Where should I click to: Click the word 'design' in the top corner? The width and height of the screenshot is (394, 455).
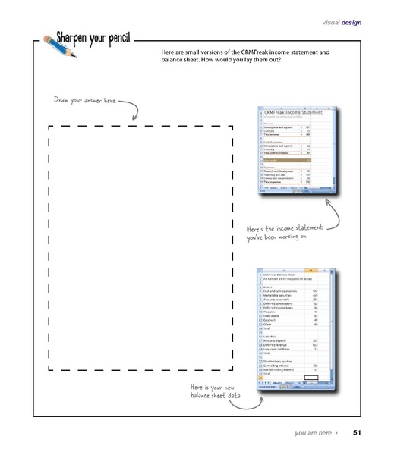click(x=351, y=22)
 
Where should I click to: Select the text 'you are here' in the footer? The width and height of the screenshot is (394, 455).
click(x=313, y=433)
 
